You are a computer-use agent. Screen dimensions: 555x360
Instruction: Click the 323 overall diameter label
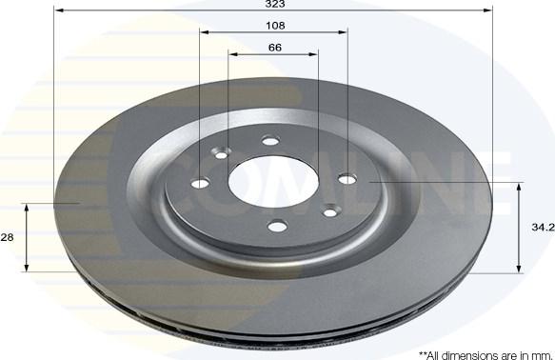tap(275, 4)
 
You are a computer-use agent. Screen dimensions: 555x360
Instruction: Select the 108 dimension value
tap(275, 26)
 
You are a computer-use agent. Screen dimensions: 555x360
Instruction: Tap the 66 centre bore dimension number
tap(275, 48)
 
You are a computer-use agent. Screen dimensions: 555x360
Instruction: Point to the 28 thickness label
tap(7, 237)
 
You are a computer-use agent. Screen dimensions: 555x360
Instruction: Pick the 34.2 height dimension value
tap(543, 228)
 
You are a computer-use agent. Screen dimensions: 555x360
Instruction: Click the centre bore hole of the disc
tap(273, 182)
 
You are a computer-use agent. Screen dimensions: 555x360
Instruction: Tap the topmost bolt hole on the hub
tap(270, 141)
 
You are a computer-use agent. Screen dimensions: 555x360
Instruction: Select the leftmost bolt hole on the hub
tap(200, 184)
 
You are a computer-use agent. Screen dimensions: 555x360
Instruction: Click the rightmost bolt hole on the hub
tap(347, 179)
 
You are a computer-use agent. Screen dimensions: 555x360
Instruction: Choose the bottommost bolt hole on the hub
tap(277, 226)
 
